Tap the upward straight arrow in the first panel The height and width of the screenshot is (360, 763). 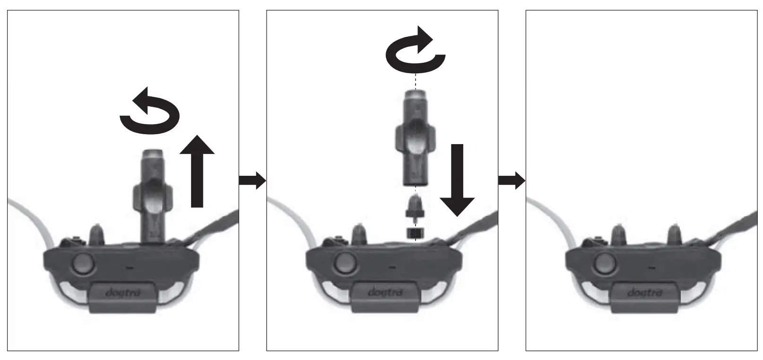click(x=197, y=172)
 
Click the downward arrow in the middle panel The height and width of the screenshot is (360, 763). click(x=457, y=180)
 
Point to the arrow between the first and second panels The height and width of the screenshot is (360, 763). click(x=252, y=180)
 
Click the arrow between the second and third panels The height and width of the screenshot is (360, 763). click(x=512, y=180)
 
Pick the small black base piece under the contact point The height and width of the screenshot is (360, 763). click(x=415, y=232)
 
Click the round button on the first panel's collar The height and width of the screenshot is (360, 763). click(x=82, y=263)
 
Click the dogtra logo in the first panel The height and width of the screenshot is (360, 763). click(x=123, y=292)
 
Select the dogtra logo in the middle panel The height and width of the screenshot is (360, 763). click(x=385, y=292)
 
